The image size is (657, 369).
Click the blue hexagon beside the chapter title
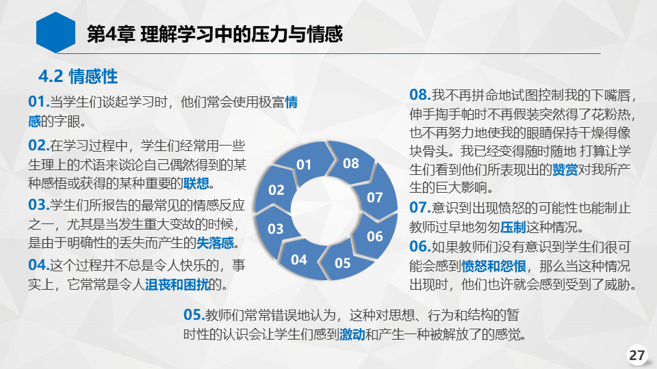point(55,33)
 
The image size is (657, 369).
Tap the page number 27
point(637,355)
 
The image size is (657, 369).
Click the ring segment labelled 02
point(275,189)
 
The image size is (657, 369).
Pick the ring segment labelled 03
point(276,228)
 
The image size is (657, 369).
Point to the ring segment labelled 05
point(344,262)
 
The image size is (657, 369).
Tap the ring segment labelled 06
point(374,236)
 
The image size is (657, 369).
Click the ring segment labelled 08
point(350,163)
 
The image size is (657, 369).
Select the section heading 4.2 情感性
point(78,77)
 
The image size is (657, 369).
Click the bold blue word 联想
point(196,183)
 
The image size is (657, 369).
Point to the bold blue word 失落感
point(216,243)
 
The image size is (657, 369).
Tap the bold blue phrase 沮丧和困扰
point(177,284)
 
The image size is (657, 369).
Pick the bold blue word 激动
point(352,334)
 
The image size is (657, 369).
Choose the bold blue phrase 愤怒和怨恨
point(493,266)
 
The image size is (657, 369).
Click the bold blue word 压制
point(513,227)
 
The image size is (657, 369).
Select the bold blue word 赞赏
point(565,169)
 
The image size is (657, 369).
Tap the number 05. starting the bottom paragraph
point(194,314)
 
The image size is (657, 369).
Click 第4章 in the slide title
point(111,34)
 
